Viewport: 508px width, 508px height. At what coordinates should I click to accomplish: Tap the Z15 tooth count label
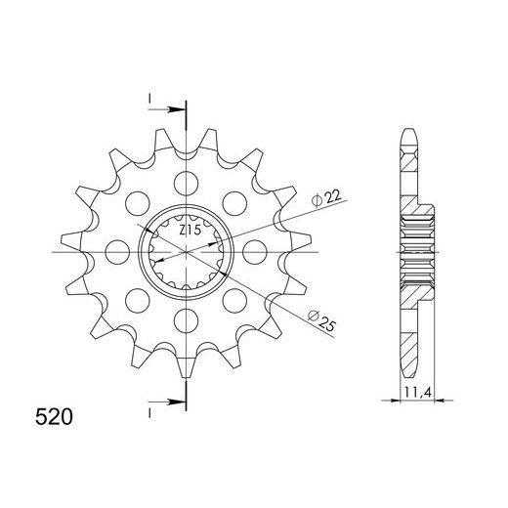coord(190,231)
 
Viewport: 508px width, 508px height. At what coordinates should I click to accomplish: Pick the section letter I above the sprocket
coord(149,98)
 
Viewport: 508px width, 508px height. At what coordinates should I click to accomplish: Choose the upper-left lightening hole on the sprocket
coord(135,202)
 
